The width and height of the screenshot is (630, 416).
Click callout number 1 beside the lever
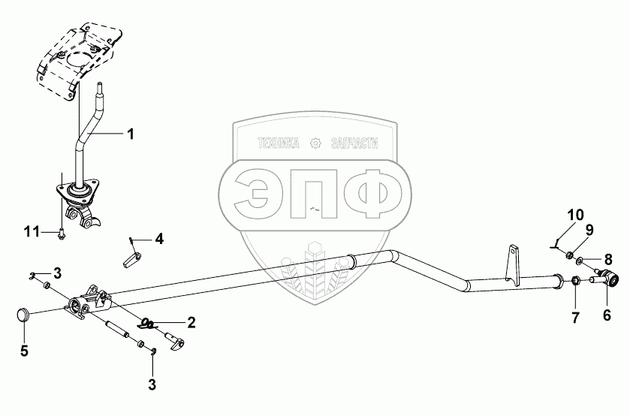[x=130, y=134]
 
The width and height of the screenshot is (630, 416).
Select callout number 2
[x=191, y=323]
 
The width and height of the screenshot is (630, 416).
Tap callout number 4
[x=158, y=239]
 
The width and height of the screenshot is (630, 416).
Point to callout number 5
[x=23, y=351]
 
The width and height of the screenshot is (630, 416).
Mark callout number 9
[x=589, y=228]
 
